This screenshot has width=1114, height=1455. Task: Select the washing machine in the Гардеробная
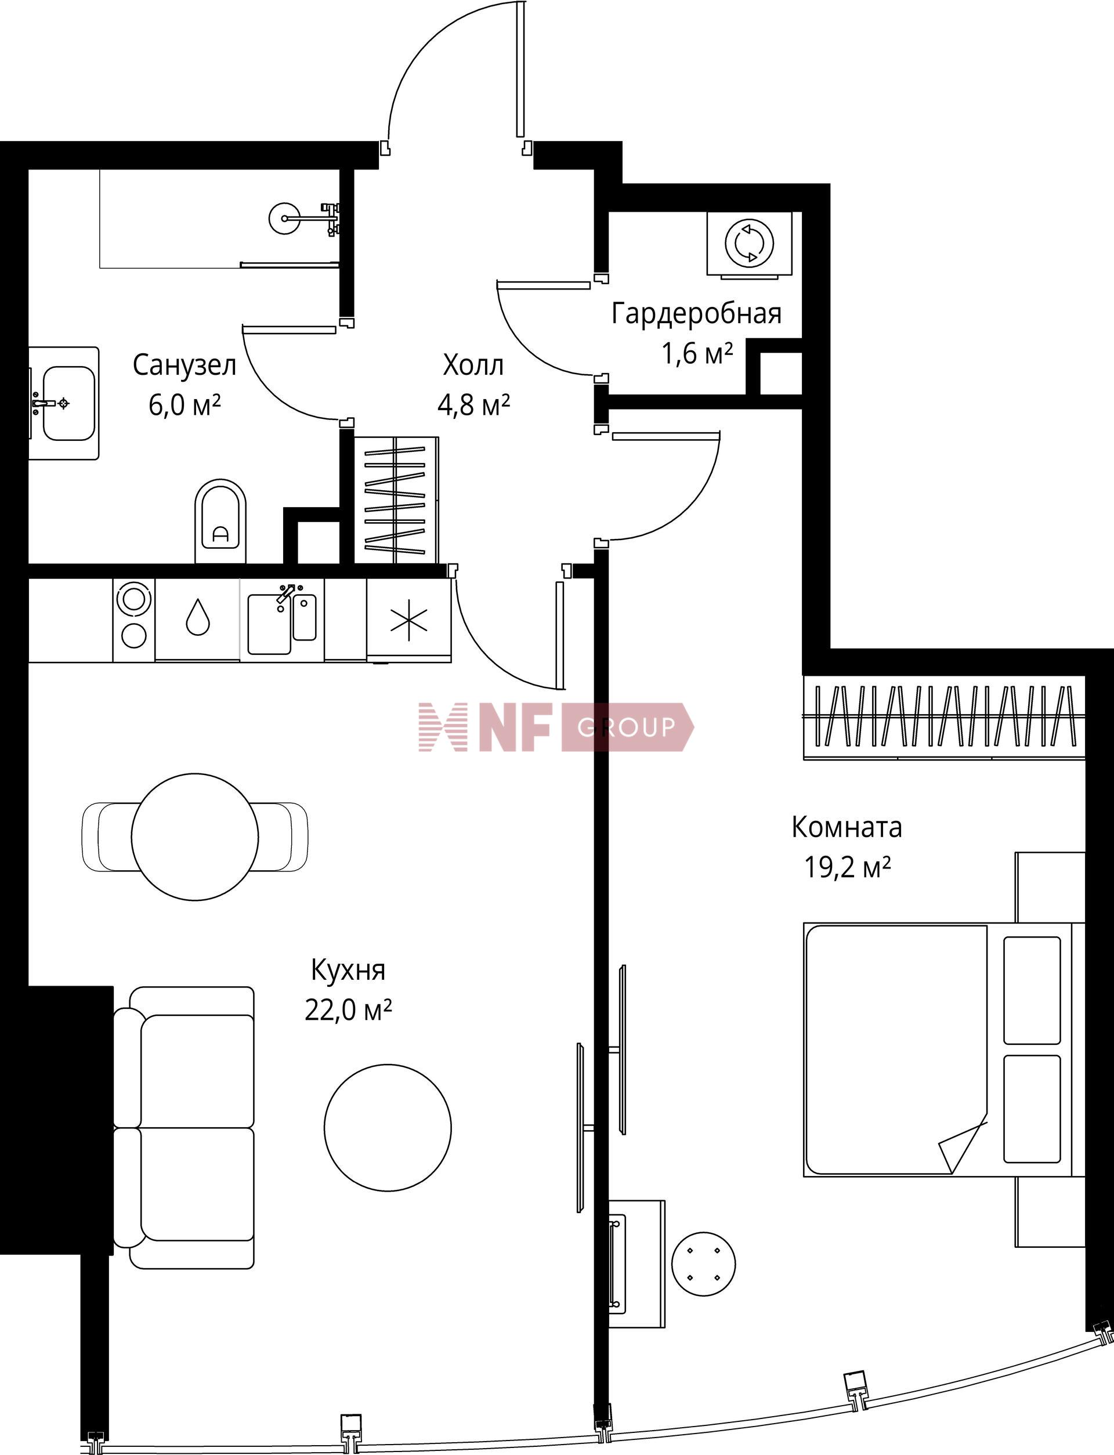point(749,243)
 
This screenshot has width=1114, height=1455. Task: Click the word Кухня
point(348,971)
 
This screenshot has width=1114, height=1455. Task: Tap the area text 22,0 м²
point(348,1010)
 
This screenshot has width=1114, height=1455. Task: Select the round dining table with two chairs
point(195,837)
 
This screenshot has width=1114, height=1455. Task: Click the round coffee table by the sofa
point(388,1128)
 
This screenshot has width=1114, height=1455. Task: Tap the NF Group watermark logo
point(556,727)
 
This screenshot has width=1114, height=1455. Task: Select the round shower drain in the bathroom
point(285,218)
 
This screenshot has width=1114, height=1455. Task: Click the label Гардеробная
point(696,313)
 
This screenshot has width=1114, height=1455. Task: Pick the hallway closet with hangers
point(396,501)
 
